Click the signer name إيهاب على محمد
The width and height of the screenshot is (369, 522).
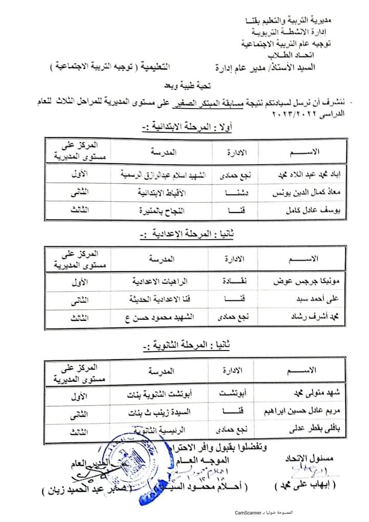300,485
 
